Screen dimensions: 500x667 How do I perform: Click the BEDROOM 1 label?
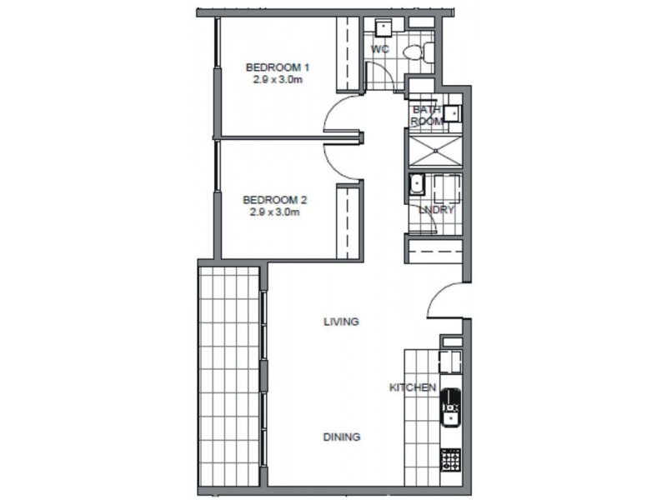pos(278,67)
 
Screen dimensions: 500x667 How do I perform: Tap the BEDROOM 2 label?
pos(276,200)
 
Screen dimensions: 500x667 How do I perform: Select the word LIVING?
pos(341,321)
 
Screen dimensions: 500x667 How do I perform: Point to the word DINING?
pos(342,437)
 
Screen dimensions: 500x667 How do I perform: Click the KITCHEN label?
pos(414,387)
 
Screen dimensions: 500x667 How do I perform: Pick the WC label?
pos(380,49)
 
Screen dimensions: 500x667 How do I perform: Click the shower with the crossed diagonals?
pos(433,151)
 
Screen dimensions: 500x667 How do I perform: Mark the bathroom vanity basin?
pos(451,114)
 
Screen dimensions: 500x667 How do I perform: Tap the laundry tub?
pos(416,186)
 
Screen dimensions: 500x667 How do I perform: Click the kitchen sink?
pos(450,408)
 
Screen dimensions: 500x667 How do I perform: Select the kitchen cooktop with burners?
pos(450,459)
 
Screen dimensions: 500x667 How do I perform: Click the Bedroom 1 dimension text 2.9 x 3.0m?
pos(278,80)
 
